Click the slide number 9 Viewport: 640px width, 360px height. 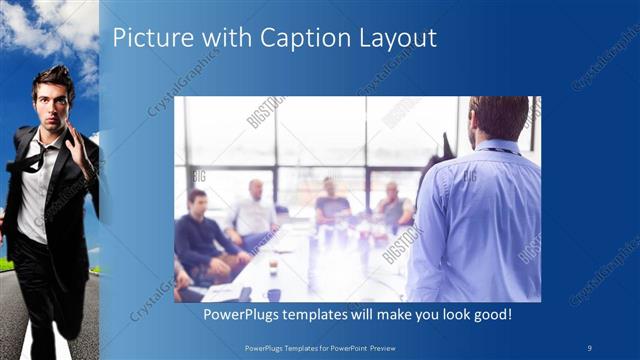(590, 346)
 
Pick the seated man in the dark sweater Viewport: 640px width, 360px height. (200, 235)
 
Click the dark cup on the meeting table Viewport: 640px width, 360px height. (273, 294)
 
